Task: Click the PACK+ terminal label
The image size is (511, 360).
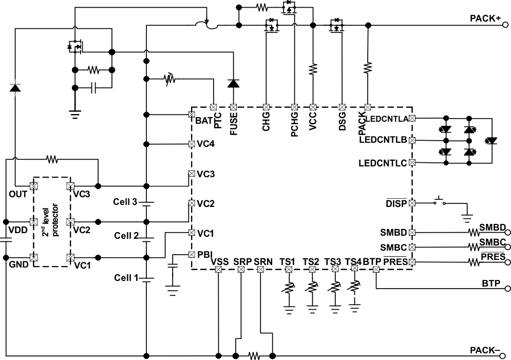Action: coord(485,19)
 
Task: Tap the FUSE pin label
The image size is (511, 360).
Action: coord(234,123)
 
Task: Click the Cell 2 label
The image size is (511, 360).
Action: coord(126,236)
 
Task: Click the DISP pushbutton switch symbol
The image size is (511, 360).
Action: coord(440,201)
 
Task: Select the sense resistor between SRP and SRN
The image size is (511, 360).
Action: coord(254,355)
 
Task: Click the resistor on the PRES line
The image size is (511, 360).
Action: coord(474,262)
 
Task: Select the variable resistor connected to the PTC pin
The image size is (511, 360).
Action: coord(168,79)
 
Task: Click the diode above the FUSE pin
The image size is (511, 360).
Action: coord(234,83)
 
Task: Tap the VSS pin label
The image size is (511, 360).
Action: coord(220,262)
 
